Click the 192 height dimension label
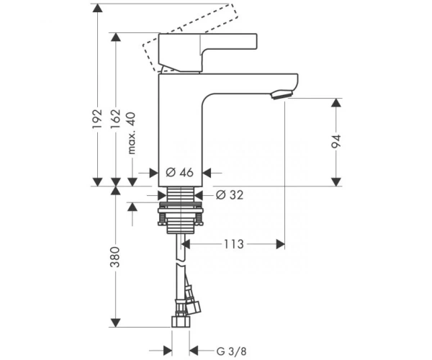click(97, 119)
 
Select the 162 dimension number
click(116, 119)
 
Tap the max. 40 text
click(132, 133)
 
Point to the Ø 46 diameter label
click(180, 173)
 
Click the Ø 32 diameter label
click(230, 195)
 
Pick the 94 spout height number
click(336, 142)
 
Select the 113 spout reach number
click(233, 244)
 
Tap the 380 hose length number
click(115, 257)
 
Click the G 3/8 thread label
click(231, 351)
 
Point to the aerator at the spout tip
click(281, 94)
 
